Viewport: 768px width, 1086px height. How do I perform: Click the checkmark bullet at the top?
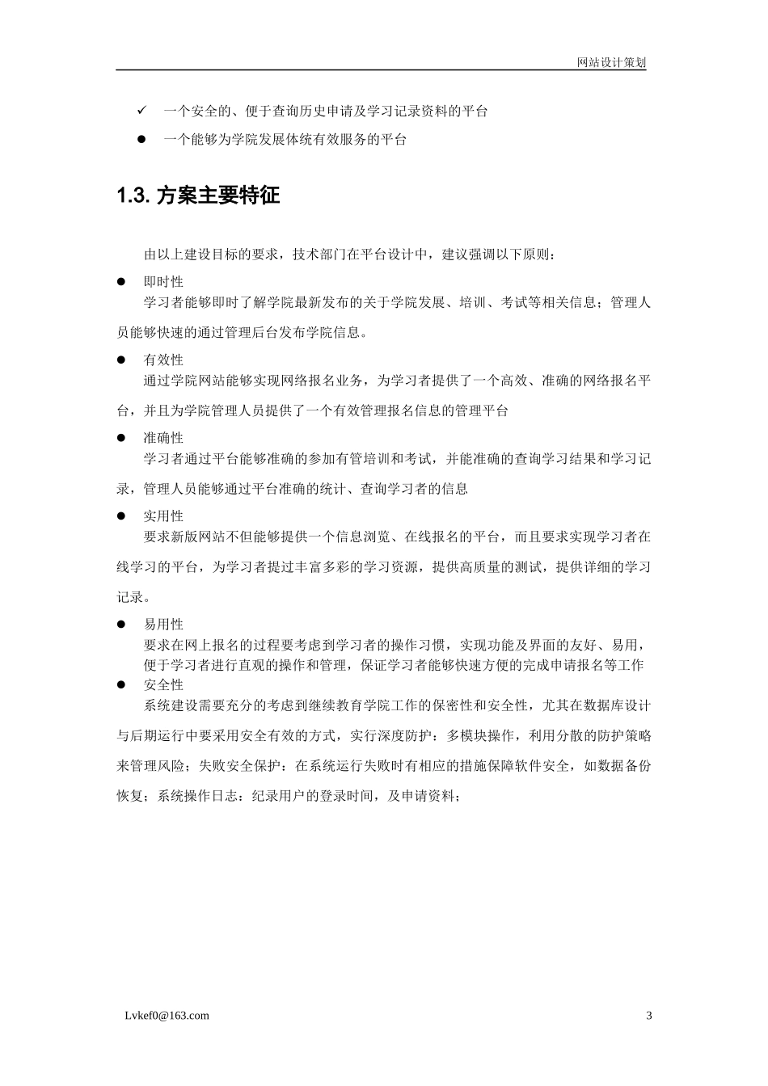point(141,110)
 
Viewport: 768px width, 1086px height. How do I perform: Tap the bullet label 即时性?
point(163,282)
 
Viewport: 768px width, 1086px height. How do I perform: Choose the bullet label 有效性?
point(163,360)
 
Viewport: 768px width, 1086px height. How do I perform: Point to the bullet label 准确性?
point(163,438)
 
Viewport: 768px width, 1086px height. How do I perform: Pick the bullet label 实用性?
point(163,516)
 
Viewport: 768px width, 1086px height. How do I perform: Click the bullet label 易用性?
point(163,625)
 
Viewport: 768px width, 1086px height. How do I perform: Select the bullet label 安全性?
point(163,685)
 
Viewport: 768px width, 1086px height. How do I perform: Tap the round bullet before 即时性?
point(122,282)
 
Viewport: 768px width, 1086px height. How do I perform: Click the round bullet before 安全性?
point(122,685)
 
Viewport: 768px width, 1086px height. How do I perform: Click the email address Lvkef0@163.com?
point(162,1016)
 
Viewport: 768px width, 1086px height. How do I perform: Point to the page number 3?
point(648,1016)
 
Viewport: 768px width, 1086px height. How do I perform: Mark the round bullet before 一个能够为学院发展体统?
point(141,140)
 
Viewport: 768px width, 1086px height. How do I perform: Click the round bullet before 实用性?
point(122,516)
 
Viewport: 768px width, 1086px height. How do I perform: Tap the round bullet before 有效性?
point(122,360)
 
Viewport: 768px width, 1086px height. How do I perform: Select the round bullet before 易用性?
point(122,625)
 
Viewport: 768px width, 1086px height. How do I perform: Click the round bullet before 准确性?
point(122,438)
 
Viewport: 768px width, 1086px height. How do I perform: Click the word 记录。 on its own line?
point(133,598)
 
